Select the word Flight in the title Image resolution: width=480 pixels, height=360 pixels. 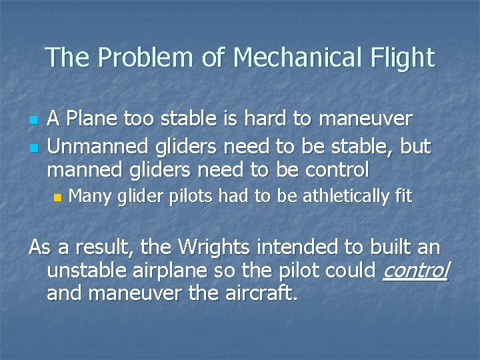click(402, 58)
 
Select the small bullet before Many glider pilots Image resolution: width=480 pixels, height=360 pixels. click(57, 197)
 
